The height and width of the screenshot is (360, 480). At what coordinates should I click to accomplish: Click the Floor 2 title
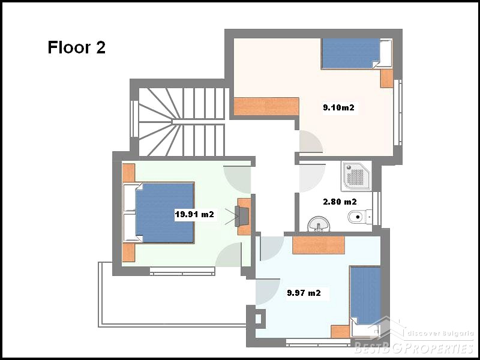pos(77,48)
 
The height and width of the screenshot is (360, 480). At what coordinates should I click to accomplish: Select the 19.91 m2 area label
pos(194,214)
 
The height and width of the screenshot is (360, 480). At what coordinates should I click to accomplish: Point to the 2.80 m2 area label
pos(340,202)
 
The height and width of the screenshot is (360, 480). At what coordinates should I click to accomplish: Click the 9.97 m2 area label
pos(304,293)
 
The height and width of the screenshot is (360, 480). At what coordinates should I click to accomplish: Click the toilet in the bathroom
pos(360,217)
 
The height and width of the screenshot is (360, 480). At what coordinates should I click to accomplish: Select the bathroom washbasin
pos(319,224)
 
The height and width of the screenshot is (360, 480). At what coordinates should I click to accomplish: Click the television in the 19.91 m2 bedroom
pos(241,216)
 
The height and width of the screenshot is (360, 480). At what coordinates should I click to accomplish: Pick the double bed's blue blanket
pos(164,213)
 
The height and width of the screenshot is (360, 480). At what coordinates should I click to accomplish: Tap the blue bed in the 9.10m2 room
pos(356,53)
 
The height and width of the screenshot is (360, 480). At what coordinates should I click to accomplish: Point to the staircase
pos(182,122)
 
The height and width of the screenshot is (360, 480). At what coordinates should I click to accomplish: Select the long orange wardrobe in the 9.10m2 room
pos(266,106)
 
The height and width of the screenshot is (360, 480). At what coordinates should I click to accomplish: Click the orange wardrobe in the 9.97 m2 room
pos(319,245)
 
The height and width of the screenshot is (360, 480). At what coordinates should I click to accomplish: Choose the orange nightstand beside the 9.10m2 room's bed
pos(386,79)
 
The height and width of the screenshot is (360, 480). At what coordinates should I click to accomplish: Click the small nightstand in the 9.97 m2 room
pos(340,332)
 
